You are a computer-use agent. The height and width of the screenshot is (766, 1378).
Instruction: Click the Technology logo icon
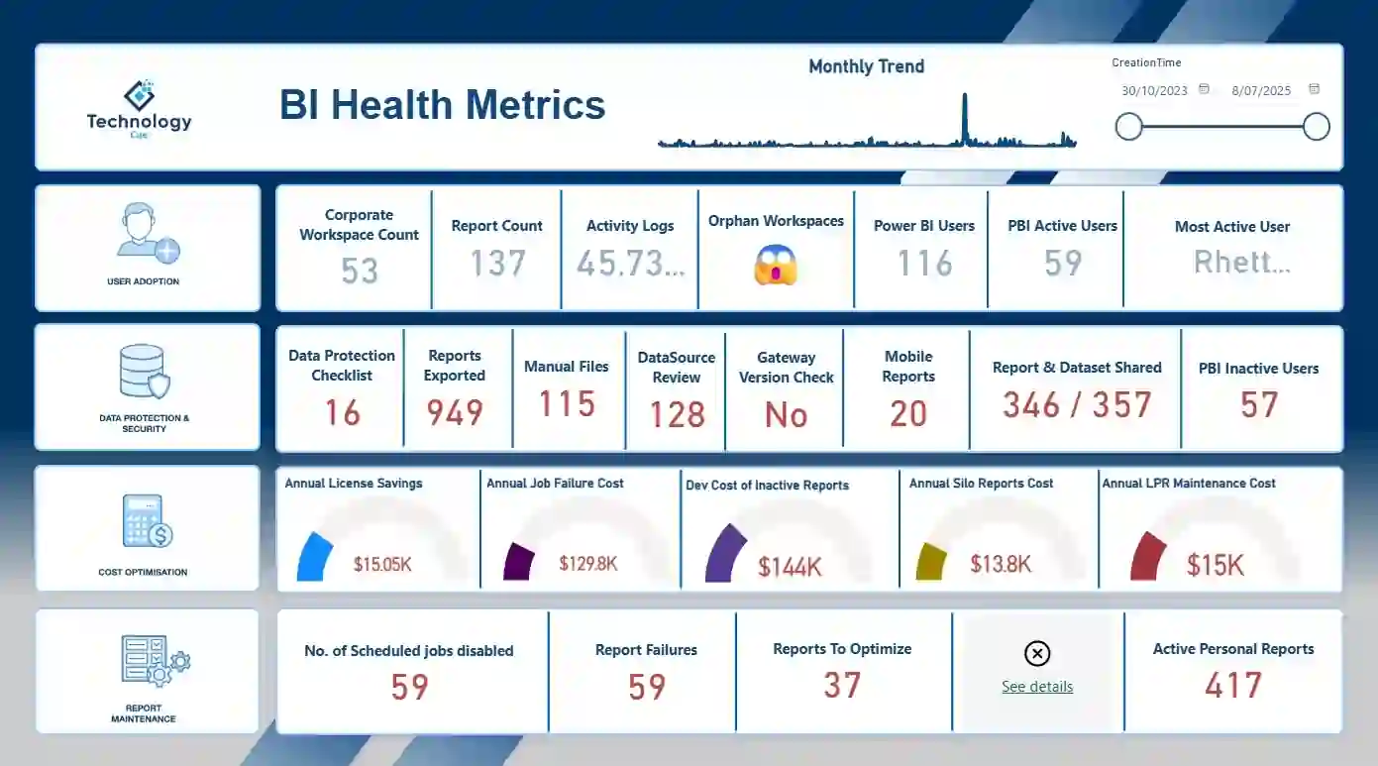click(x=140, y=95)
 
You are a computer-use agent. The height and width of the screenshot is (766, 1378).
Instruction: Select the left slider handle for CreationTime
click(x=1128, y=127)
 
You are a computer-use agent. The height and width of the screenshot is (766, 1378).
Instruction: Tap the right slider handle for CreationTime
click(x=1316, y=127)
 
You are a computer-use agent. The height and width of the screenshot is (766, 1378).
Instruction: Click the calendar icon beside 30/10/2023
click(x=1204, y=89)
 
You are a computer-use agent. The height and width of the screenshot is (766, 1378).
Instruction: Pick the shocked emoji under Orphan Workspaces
click(x=776, y=265)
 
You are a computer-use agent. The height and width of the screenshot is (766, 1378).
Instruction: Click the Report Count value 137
click(x=497, y=264)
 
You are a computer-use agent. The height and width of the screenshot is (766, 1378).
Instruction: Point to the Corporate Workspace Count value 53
click(x=360, y=271)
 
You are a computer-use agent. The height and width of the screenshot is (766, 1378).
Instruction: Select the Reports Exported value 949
click(x=455, y=412)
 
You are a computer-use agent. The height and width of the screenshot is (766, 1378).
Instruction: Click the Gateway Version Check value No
click(x=786, y=415)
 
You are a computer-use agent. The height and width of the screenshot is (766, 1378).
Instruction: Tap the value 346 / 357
click(x=1077, y=404)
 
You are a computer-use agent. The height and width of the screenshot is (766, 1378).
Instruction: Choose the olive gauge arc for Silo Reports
click(x=930, y=562)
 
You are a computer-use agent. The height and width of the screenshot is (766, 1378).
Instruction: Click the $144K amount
click(x=790, y=567)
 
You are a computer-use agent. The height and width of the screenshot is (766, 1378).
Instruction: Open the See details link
click(x=1037, y=687)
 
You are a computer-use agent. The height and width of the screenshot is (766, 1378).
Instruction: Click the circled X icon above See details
click(x=1037, y=654)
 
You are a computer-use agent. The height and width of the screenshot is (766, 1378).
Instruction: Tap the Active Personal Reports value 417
click(x=1233, y=685)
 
